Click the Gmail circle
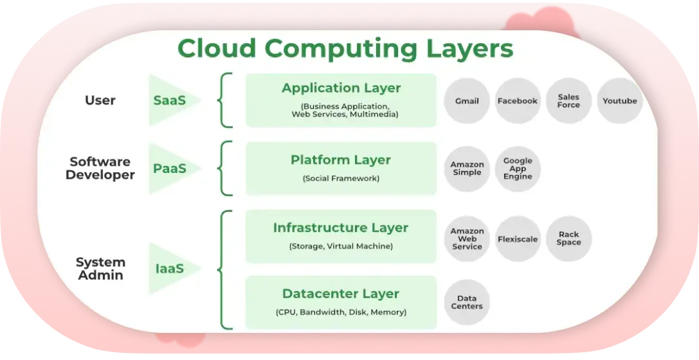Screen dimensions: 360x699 tap(467, 101)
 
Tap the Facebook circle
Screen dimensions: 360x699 tap(518, 101)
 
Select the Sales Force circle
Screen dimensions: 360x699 tap(568, 101)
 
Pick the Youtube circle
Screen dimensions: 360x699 tap(619, 101)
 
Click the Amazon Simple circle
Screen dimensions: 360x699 tap(467, 169)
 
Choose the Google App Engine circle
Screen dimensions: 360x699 tap(518, 169)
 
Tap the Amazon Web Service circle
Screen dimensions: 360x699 tap(467, 239)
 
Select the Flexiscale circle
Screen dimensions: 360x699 tap(518, 239)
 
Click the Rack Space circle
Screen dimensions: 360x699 tap(568, 239)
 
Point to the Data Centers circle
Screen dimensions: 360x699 tap(467, 302)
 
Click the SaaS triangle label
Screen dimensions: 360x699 tap(169, 100)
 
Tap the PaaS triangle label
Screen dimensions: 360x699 tap(169, 168)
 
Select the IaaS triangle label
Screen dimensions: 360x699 tap(169, 269)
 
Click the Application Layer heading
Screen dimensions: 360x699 tap(341, 88)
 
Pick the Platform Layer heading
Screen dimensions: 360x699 tap(341, 160)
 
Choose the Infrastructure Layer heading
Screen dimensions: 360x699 tap(341, 228)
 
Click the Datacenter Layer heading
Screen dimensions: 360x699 tap(341, 294)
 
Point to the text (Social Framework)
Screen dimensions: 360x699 tap(341, 179)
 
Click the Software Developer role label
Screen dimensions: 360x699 tap(100, 168)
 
